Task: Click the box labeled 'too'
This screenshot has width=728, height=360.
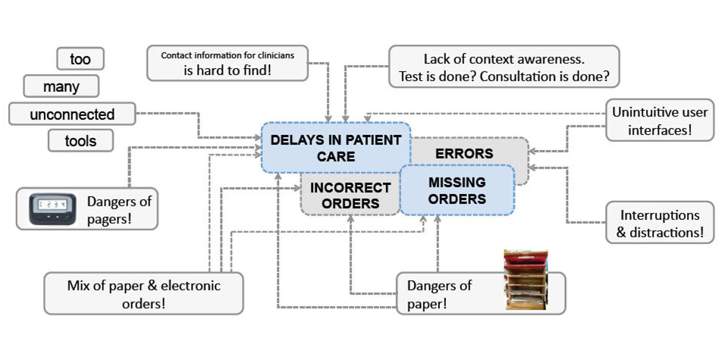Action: tap(80, 58)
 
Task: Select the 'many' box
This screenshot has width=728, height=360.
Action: tap(61, 86)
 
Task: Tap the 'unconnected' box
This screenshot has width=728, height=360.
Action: tap(72, 114)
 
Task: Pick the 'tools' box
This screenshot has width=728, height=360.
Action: tap(81, 140)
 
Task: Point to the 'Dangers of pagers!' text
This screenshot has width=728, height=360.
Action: tap(119, 209)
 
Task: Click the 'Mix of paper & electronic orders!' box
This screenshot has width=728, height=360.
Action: tap(143, 294)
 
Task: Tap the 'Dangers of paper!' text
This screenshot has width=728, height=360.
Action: tap(439, 294)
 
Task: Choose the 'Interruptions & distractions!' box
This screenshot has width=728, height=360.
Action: tap(660, 223)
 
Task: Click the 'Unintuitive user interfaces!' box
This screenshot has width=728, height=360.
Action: tap(660, 121)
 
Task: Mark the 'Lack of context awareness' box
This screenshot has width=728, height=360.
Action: tap(504, 67)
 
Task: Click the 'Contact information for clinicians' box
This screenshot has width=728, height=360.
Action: tap(227, 63)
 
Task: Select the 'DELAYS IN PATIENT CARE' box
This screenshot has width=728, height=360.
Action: tap(335, 148)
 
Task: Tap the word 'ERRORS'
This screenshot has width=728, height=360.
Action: tap(464, 154)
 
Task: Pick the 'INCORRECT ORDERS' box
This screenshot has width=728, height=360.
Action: tap(350, 196)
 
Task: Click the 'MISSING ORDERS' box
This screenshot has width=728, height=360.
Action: tap(457, 190)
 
